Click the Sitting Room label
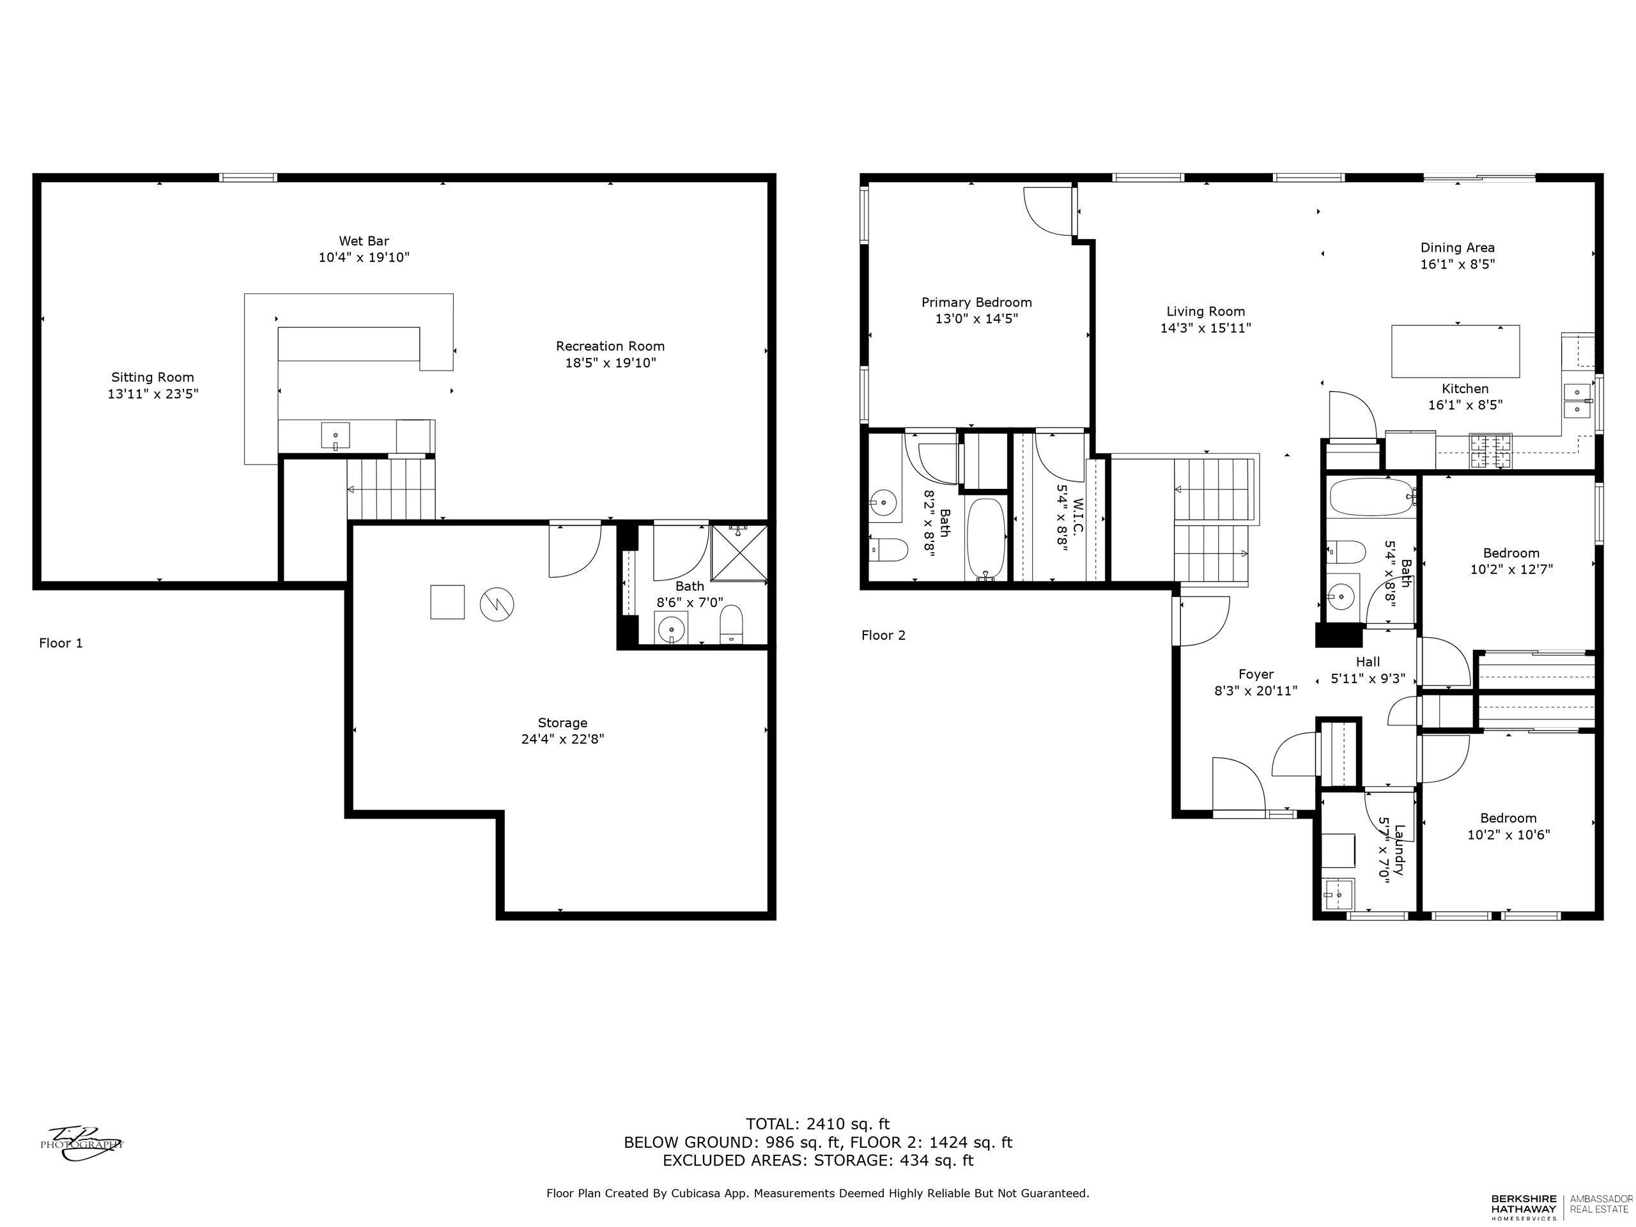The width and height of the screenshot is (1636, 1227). coord(152,377)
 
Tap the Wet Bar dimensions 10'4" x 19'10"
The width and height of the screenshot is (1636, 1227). coord(364,258)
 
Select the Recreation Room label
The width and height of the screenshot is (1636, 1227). coord(610,346)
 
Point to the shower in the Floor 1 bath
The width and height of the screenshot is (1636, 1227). coord(737,553)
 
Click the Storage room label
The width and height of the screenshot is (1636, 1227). coord(562,723)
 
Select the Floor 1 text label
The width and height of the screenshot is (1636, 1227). coord(61,643)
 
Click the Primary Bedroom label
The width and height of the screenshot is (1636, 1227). coord(976,302)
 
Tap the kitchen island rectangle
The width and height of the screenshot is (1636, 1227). coord(1455,351)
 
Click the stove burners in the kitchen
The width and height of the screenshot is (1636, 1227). coord(1490,451)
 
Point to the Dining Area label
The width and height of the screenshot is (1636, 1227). coord(1457,248)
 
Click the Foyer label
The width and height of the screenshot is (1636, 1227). coord(1256,674)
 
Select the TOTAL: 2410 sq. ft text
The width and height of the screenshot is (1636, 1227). coord(817,1125)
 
